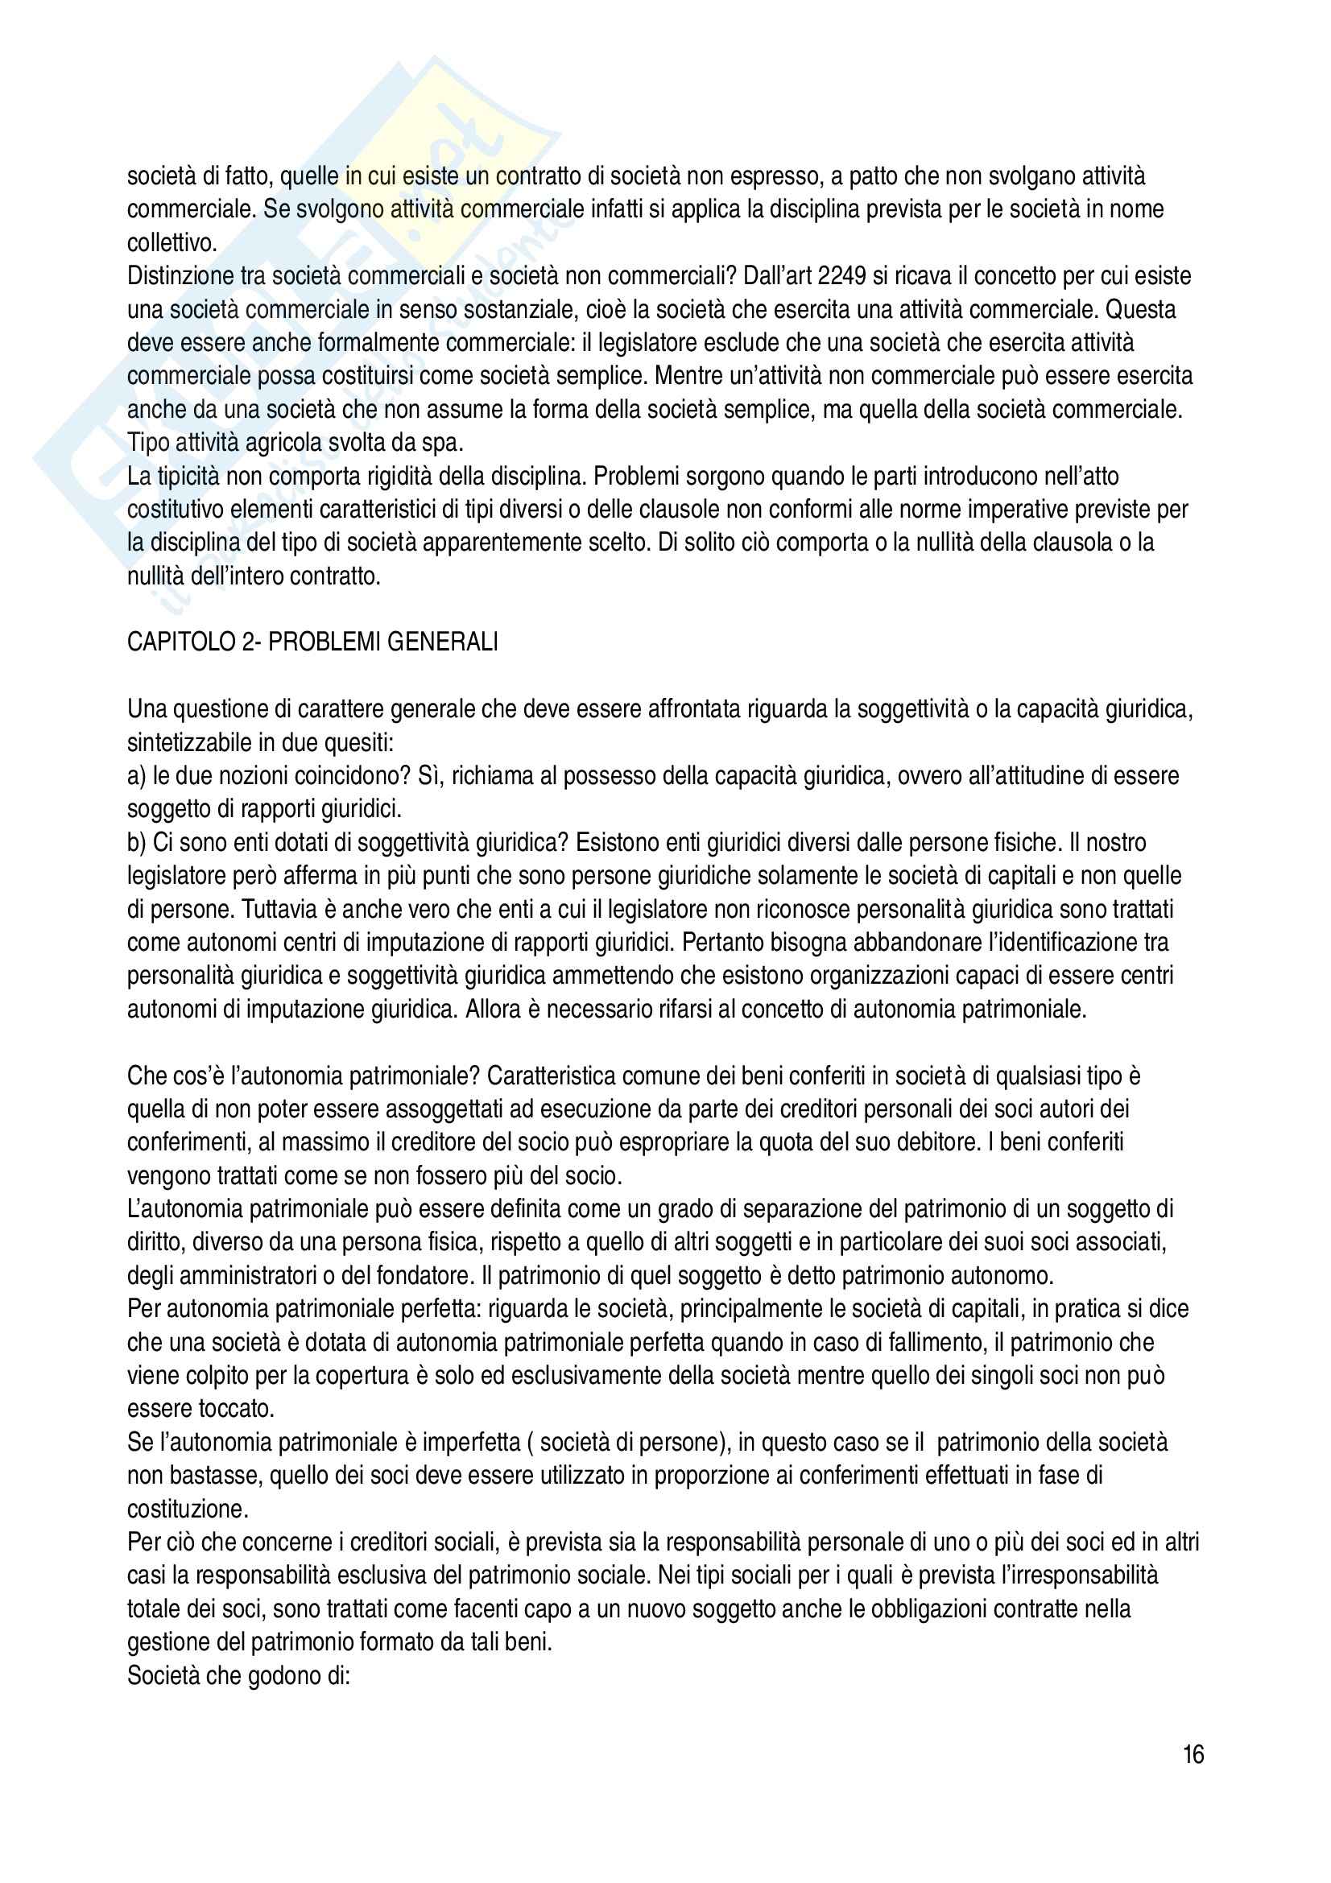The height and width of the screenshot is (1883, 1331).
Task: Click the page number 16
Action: [x=1193, y=1755]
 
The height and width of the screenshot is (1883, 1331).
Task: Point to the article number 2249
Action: [x=842, y=276]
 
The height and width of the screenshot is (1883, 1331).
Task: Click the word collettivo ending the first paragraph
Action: [x=170, y=244]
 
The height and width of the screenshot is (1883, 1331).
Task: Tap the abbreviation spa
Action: [x=446, y=443]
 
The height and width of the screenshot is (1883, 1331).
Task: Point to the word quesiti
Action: [x=362, y=743]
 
